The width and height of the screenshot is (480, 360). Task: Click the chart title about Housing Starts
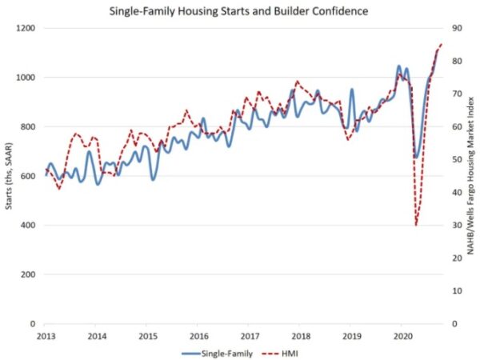tap(240, 11)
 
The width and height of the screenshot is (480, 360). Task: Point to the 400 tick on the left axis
tap(27, 225)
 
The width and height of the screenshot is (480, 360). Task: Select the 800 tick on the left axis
tap(27, 126)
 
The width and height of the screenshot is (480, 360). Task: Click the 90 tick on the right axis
tap(454, 28)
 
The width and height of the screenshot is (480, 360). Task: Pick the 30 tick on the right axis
tap(454, 225)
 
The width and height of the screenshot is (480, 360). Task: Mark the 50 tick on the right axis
tap(454, 159)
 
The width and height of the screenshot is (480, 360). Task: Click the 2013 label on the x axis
tap(45, 336)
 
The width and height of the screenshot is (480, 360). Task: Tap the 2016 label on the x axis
tap(199, 336)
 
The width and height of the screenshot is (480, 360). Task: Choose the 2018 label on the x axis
tap(302, 336)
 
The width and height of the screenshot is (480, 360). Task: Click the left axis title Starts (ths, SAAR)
tap(9, 175)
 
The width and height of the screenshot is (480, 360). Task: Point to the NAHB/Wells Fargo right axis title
tap(472, 175)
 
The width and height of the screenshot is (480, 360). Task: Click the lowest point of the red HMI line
tap(416, 225)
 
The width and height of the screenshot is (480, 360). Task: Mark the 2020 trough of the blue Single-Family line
tap(416, 156)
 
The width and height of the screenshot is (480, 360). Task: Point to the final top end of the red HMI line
tap(441, 44)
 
